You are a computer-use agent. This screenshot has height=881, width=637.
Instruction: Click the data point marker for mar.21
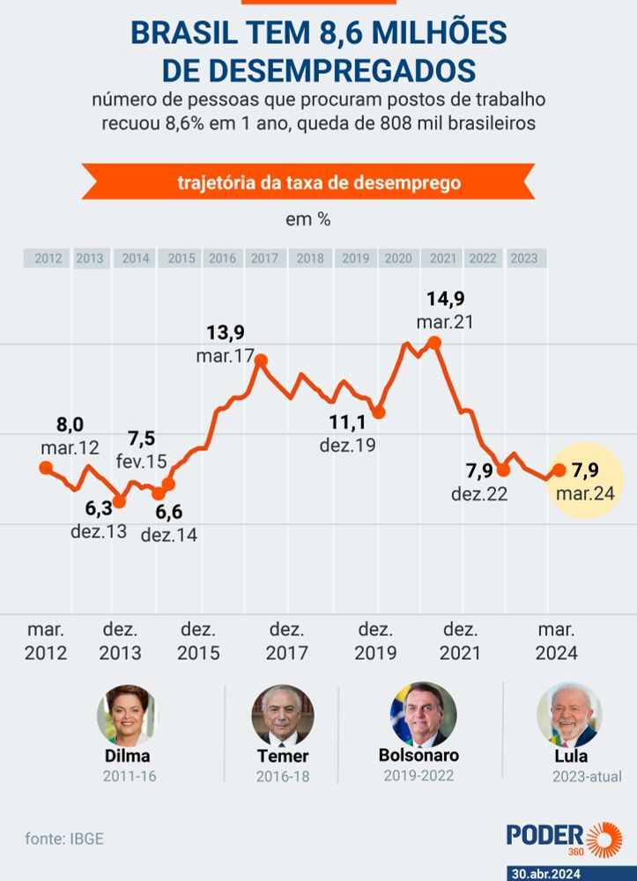433,342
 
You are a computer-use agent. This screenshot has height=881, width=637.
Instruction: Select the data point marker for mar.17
260,359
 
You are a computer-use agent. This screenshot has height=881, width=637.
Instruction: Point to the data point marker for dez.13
119,502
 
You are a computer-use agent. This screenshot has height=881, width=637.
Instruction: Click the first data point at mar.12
46,468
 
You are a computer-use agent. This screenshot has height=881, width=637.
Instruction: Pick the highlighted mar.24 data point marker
559,470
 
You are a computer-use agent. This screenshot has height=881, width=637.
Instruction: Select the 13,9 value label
226,333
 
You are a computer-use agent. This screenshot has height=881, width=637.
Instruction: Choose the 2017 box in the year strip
264,258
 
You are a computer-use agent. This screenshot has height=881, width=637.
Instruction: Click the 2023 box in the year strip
524,258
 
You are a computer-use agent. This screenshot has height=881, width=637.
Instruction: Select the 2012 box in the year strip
48,258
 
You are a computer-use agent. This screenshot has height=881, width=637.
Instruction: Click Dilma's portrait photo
127,715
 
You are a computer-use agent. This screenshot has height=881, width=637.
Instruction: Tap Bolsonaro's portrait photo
423,714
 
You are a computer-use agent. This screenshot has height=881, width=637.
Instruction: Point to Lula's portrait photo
569,714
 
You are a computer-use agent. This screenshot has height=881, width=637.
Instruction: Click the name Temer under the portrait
283,756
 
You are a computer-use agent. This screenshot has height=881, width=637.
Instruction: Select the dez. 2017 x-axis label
286,641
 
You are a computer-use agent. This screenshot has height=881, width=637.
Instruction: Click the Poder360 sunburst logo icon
604,840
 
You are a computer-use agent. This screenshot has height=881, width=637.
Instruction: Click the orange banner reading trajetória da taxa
307,183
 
